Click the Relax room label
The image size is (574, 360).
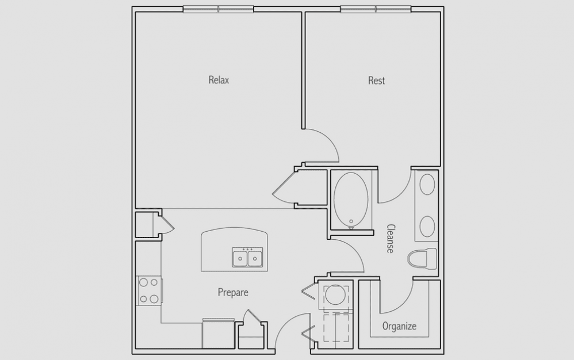click(x=219, y=80)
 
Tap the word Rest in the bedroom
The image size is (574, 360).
click(x=376, y=81)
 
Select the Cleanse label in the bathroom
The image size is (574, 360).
click(x=390, y=239)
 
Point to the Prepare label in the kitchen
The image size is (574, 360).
click(x=233, y=292)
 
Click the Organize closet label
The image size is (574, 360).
click(x=399, y=326)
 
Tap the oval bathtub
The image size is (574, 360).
click(x=351, y=200)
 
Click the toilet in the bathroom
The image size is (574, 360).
click(x=422, y=259)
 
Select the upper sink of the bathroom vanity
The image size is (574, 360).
click(x=427, y=185)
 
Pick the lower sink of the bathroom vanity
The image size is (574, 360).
click(x=427, y=226)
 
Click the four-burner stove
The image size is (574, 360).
click(x=149, y=291)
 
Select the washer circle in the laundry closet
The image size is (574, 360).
click(x=334, y=294)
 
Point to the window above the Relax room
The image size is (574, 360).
click(x=218, y=9)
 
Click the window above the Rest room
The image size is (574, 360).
click(x=376, y=9)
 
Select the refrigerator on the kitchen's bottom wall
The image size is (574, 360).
click(x=219, y=334)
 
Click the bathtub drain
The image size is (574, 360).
click(x=351, y=222)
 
